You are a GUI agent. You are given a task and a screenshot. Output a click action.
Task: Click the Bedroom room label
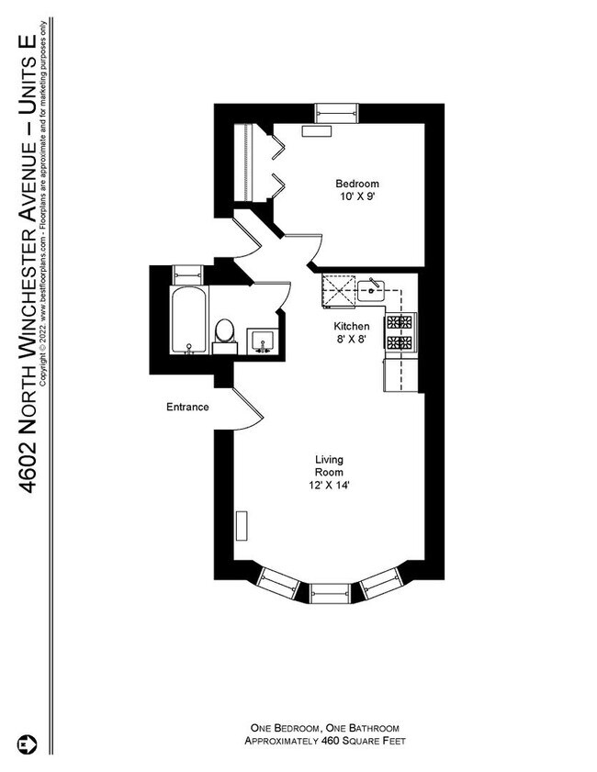(356, 184)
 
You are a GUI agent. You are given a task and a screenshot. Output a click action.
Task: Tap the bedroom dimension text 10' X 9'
(356, 196)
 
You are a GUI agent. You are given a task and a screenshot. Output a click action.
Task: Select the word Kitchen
(351, 327)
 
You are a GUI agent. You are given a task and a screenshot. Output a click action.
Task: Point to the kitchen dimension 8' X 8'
(351, 340)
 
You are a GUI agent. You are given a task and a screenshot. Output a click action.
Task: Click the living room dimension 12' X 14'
(328, 486)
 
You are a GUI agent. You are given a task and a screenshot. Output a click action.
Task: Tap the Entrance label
(187, 407)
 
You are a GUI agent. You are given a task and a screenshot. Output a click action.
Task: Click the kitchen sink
(372, 292)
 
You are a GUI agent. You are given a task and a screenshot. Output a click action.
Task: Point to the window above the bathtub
(190, 272)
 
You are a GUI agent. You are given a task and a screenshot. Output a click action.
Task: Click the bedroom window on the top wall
(337, 113)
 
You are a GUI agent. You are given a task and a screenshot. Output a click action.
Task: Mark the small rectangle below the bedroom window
(316, 131)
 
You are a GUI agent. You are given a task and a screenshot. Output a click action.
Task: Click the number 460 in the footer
(331, 741)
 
